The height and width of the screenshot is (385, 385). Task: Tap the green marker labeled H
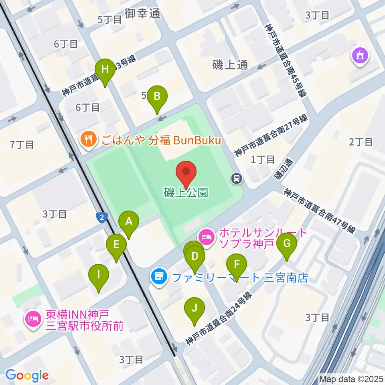(105, 70)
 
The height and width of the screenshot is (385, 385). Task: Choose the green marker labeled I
(99, 276)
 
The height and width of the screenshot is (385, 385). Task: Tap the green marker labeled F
(237, 265)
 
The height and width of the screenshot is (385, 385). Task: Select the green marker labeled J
(195, 309)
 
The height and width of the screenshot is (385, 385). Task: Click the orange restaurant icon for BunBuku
(87, 140)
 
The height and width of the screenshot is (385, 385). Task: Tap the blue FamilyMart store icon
(159, 276)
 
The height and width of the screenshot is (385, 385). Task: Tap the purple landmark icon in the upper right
(359, 56)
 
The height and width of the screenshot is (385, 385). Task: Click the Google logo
(27, 375)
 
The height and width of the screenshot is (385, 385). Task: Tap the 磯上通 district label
(230, 65)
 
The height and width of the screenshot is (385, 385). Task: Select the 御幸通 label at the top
(142, 13)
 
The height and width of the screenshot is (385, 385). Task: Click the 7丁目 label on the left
(22, 145)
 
